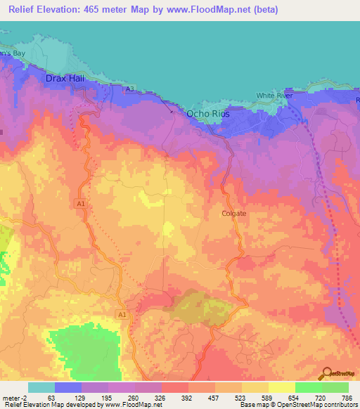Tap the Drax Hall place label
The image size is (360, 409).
pos(65,79)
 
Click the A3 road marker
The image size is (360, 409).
pos(129,89)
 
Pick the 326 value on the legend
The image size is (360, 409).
pos(161,397)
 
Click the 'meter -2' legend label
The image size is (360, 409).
pos(15,397)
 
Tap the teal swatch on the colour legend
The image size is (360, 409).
pos(41,387)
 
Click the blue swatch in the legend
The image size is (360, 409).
pos(67,387)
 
